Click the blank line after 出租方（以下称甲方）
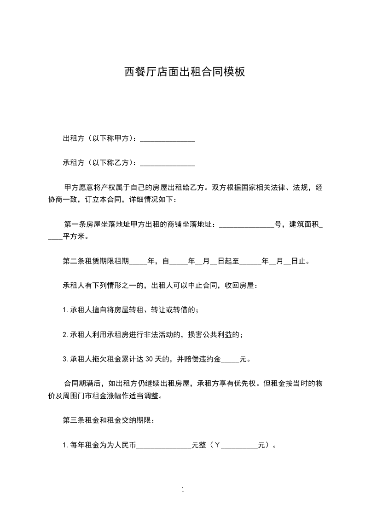click(168, 139)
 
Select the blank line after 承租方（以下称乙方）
click(168, 163)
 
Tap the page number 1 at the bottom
click(183, 490)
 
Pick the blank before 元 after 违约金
click(231, 359)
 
